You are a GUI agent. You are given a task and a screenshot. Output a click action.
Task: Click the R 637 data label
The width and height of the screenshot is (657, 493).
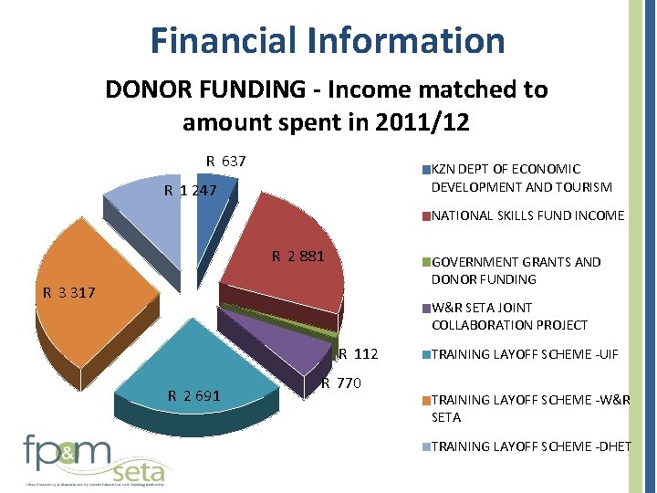point(225,162)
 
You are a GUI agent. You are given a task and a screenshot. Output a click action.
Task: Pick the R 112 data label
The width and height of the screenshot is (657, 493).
point(359,354)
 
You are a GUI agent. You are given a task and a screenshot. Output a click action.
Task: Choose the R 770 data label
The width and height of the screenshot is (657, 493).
point(343,383)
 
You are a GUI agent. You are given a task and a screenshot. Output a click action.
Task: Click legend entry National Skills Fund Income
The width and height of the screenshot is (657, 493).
point(527,216)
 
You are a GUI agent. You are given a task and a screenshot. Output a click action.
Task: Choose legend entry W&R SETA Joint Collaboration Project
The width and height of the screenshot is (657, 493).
point(509,317)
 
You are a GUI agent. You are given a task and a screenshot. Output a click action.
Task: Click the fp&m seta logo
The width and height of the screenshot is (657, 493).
point(95,459)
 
